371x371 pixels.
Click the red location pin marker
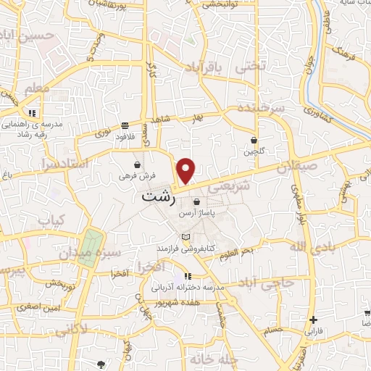[186, 170]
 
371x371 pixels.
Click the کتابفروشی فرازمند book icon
[186, 237]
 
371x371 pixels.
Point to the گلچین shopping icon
[254, 140]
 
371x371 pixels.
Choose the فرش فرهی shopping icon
[138, 165]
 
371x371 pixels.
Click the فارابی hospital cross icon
[313, 320]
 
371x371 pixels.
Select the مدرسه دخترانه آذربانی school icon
[188, 276]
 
